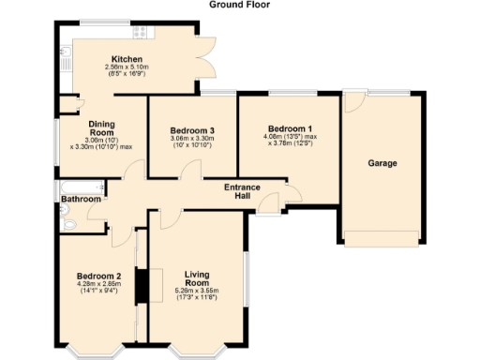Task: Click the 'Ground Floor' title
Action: [239, 5]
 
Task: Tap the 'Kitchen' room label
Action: [127, 58]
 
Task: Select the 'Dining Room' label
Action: [101, 128]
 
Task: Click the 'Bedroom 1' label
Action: [290, 127]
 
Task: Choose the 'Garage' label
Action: [382, 163]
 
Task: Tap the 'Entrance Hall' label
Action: [242, 192]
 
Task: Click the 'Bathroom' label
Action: [82, 200]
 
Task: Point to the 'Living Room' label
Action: [196, 277]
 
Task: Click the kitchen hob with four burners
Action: [142, 32]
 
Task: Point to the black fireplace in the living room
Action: [143, 285]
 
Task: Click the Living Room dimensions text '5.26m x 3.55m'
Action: [196, 291]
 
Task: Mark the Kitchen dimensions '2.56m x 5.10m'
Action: [127, 67]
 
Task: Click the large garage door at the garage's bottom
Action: [382, 238]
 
